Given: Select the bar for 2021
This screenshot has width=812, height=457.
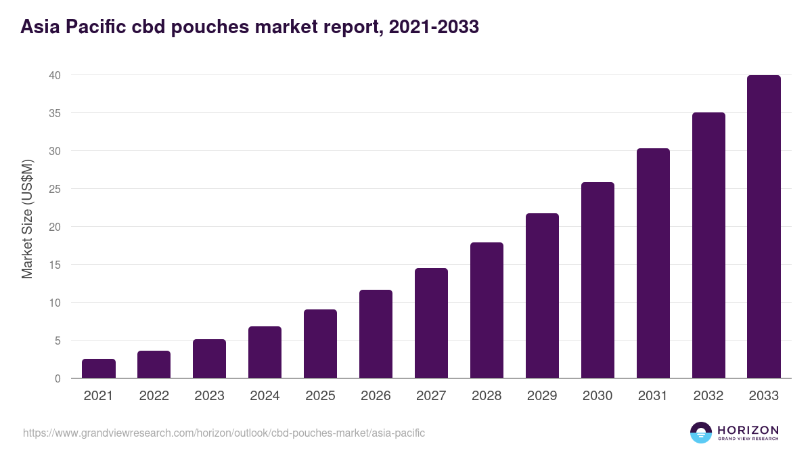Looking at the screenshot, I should point(99,368).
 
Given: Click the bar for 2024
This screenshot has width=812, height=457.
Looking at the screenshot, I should point(265,352).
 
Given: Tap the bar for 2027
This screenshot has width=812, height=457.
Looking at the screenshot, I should point(431,323).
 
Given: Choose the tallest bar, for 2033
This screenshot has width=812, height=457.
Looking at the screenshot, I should point(764,227).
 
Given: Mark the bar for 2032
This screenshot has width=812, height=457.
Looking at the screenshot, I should point(708,245).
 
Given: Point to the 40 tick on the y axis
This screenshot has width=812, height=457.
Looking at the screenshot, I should point(55,75).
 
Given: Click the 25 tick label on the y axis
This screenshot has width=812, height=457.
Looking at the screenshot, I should point(55,189).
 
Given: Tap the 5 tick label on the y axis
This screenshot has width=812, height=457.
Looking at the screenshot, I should point(58,341).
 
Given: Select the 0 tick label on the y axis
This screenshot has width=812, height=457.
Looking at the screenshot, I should point(58,378).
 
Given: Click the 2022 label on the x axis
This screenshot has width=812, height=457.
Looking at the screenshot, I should point(154,396).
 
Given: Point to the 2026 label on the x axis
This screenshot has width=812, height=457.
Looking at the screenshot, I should point(376,396).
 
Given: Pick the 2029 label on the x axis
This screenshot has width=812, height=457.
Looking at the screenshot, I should point(542,396).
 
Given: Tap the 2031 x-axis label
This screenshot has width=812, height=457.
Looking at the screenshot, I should point(653,396).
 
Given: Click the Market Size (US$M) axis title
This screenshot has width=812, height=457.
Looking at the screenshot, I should point(27,218).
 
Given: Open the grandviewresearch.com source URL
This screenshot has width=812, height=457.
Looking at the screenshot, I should point(224,433).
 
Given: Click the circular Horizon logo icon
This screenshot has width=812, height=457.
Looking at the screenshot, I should point(701,433).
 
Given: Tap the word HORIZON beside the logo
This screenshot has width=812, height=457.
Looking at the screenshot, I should point(748,430).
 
